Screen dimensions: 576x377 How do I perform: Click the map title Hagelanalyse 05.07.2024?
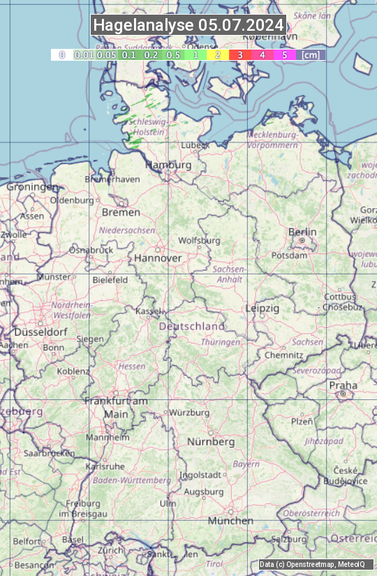[x=188, y=25]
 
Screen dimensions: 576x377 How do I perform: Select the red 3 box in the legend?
[x=239, y=54]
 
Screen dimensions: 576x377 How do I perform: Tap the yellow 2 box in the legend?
[x=218, y=54]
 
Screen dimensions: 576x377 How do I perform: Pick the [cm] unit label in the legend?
[x=311, y=54]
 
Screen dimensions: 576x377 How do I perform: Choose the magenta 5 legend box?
[x=284, y=54]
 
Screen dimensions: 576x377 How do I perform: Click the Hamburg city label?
[x=168, y=165]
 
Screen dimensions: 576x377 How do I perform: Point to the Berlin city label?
[x=302, y=232]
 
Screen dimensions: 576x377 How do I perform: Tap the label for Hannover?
[x=158, y=258]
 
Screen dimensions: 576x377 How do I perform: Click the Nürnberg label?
[x=211, y=442]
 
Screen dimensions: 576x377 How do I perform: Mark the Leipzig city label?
[x=263, y=308]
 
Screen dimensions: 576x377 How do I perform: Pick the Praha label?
[x=343, y=385]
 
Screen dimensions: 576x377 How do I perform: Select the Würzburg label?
[x=189, y=413]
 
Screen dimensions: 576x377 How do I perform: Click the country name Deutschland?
[x=192, y=326]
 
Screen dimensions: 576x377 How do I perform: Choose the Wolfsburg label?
[x=199, y=240]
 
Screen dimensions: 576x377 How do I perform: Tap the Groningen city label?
[x=32, y=187]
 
